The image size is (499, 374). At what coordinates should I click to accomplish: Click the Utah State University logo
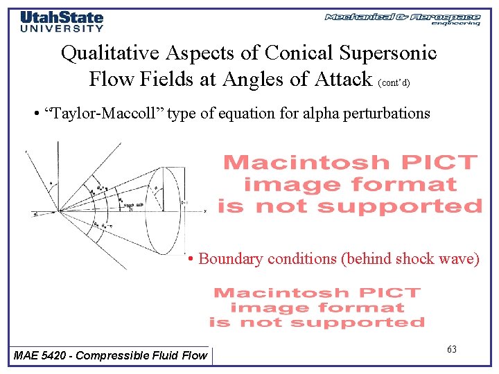tap(62, 21)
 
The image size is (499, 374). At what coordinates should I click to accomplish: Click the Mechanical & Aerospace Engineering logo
tap(402, 19)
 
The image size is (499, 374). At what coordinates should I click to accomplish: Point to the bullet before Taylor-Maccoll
tap(35, 114)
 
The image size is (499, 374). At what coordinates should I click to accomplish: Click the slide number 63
tap(452, 350)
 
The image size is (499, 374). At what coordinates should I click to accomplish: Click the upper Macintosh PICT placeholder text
tap(350, 184)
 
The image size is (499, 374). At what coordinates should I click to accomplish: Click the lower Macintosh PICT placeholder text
tap(317, 307)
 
